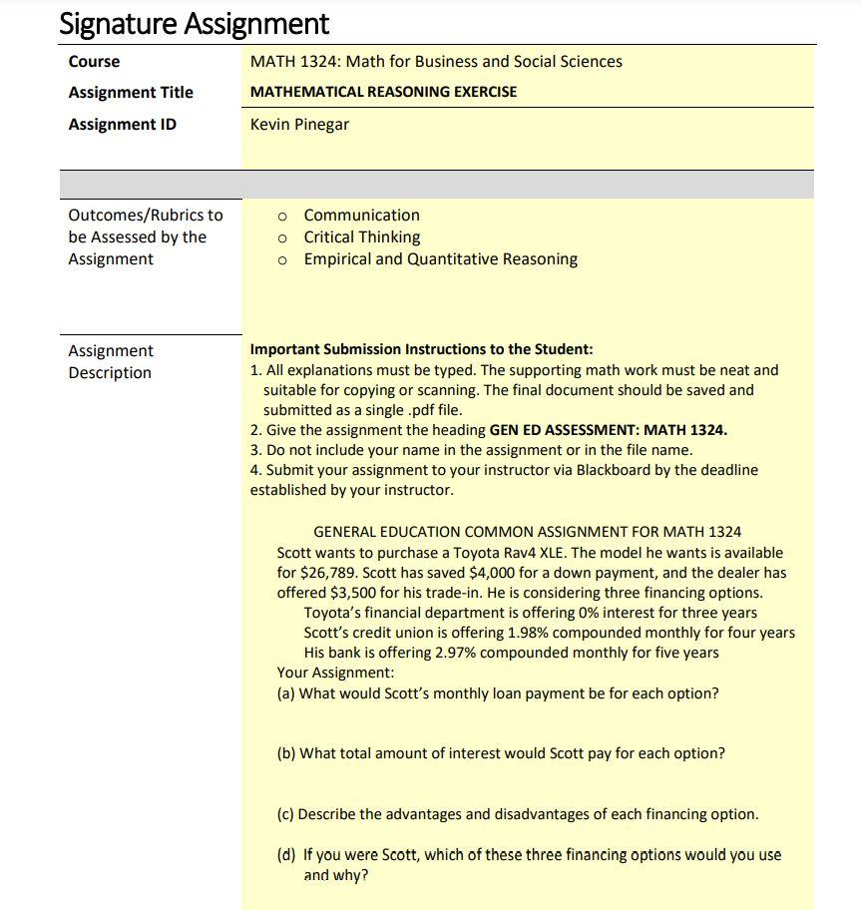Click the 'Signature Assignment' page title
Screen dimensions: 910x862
[194, 23]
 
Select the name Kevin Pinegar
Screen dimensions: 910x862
[299, 125]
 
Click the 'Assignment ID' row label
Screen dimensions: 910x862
[122, 125]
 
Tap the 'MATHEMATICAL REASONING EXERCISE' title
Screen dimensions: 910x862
[383, 92]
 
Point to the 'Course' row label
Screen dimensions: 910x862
[94, 62]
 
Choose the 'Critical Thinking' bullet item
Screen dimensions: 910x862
[361, 237]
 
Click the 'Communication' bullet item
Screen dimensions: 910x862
[361, 216]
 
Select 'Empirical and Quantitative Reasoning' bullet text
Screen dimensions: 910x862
[440, 259]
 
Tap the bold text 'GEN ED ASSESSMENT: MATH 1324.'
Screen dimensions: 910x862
[609, 430]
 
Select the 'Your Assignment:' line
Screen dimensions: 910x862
[335, 673]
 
